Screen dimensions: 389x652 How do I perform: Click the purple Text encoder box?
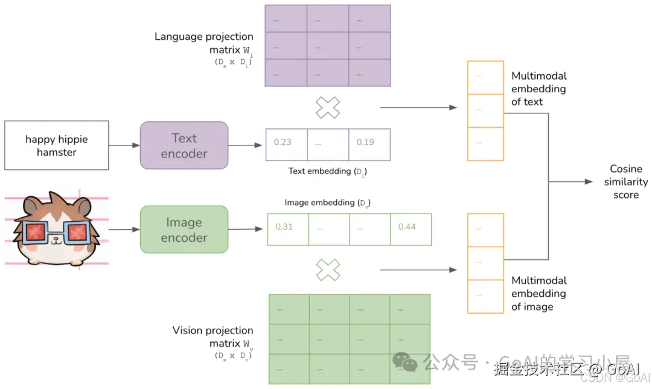point(184,145)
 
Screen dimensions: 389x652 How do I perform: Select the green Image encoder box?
point(184,229)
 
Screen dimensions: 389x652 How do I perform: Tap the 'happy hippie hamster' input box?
point(57,145)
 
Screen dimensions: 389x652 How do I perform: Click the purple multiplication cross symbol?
point(328,107)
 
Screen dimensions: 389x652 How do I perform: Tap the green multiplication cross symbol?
point(328,270)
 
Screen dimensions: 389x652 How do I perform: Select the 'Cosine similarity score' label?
point(625,182)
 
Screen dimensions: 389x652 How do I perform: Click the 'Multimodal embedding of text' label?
point(539,89)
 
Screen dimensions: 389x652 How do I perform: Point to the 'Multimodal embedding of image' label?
point(539,294)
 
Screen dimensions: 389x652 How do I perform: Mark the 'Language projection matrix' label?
point(203,43)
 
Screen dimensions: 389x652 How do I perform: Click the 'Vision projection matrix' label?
point(213,337)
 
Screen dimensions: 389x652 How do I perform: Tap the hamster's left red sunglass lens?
point(36,231)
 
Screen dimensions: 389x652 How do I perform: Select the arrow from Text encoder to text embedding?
point(247,145)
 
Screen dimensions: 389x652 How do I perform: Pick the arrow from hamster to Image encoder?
point(123,229)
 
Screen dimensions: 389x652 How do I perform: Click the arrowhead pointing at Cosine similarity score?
point(589,182)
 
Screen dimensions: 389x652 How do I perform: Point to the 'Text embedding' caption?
point(327,171)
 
